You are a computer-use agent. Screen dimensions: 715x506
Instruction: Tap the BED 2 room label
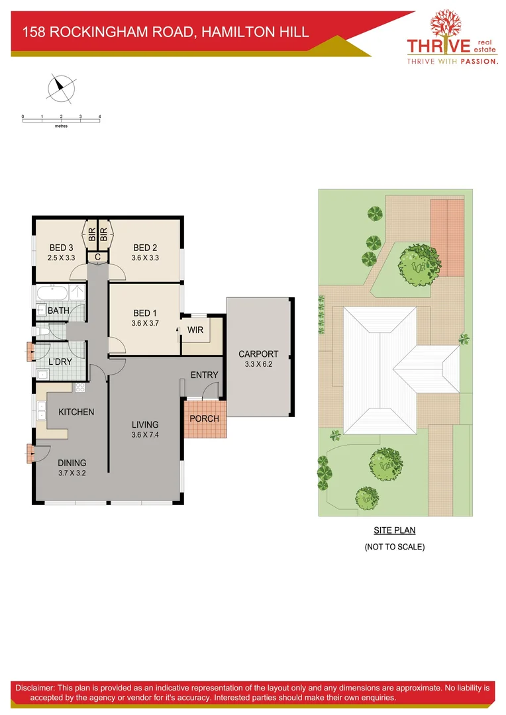[144, 248]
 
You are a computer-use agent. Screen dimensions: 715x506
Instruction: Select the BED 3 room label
[61, 248]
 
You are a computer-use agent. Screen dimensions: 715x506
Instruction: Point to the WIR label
[195, 330]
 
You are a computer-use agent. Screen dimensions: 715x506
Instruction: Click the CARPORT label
[258, 354]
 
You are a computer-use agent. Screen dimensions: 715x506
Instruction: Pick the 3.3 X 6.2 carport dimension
[258, 364]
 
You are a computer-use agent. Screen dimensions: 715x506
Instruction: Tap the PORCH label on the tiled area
[204, 418]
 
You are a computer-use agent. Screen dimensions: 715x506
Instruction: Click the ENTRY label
[204, 375]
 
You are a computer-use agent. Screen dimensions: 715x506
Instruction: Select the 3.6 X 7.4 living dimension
[144, 435]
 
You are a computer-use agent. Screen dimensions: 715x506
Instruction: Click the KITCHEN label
[76, 412]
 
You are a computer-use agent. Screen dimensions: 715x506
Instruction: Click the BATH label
[58, 310]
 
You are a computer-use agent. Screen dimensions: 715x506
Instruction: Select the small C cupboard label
[97, 257]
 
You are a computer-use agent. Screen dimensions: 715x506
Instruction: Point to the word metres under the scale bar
[62, 125]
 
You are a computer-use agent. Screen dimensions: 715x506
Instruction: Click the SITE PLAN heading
[394, 530]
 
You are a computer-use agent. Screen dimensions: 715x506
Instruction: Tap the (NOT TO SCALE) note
[394, 547]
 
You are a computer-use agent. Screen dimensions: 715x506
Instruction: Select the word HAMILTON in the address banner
[230, 31]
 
